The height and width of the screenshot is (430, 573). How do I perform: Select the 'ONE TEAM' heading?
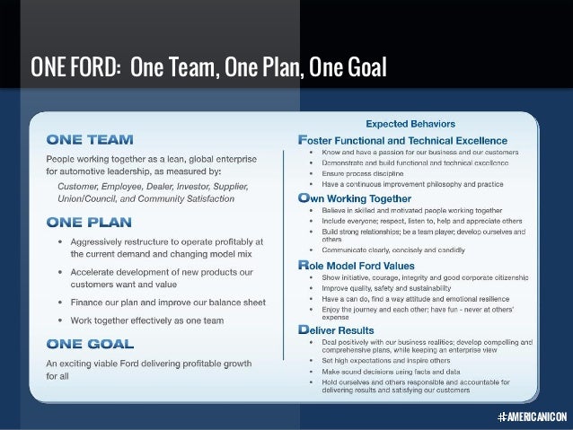90,140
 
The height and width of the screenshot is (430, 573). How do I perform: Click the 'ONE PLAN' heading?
90,221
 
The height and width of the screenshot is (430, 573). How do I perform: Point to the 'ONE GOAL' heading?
91,343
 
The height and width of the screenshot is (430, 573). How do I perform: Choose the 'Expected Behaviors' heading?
409,124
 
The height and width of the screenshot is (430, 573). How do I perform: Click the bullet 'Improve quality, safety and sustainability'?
389,289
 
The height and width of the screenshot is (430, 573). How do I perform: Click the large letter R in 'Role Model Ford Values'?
303,266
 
